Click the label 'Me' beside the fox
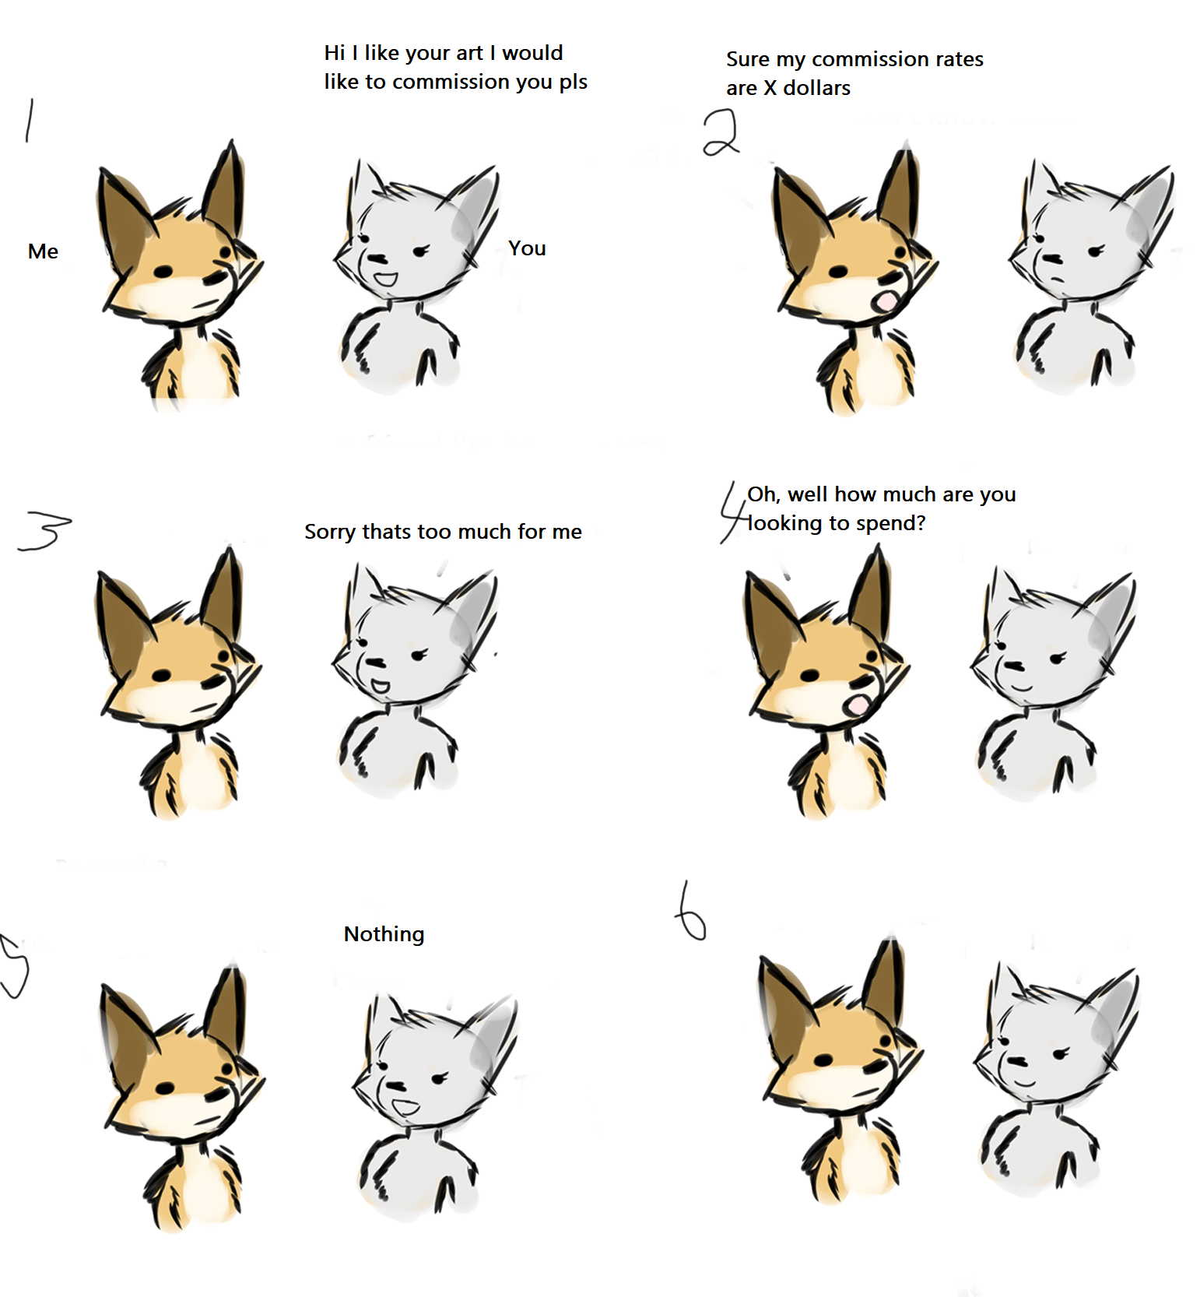[x=43, y=251]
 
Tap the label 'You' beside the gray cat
[x=527, y=248]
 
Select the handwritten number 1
[x=30, y=120]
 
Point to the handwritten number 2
[x=721, y=132]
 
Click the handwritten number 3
[x=44, y=532]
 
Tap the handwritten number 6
[x=690, y=911]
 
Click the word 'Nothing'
[x=384, y=935]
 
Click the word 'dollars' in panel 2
[x=816, y=88]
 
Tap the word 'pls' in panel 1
[x=573, y=83]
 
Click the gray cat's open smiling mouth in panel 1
[x=385, y=278]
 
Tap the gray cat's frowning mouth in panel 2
[x=1054, y=281]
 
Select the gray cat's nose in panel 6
[x=1016, y=1060]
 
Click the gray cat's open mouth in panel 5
[x=405, y=1106]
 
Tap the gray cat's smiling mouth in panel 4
[x=1020, y=687]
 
